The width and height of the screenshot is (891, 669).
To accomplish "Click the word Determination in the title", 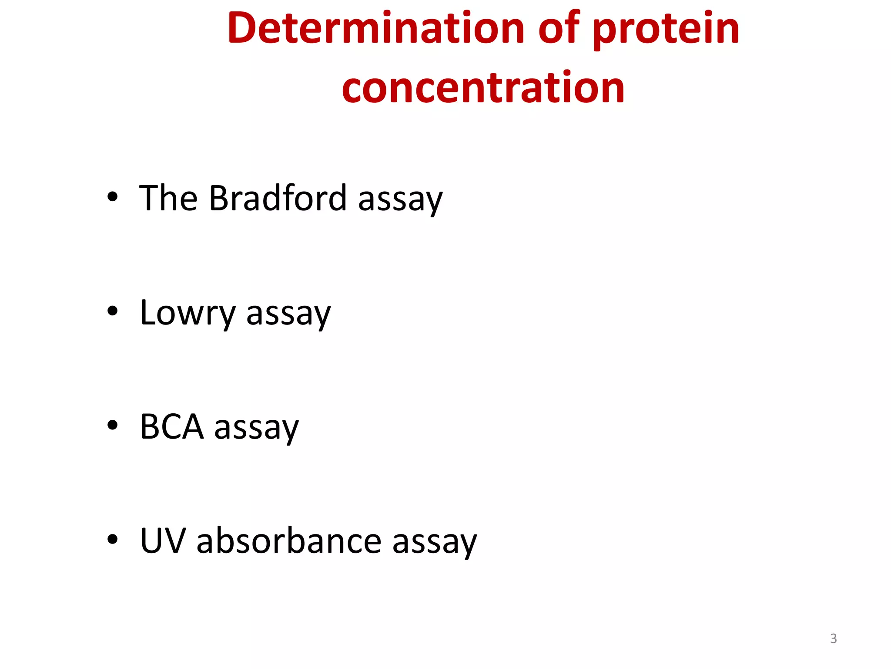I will coord(375,28).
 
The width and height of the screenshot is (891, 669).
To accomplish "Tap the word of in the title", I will coord(559,28).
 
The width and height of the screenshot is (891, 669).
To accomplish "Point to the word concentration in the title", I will coord(483,88).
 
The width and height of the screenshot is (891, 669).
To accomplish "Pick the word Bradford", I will coord(278,198).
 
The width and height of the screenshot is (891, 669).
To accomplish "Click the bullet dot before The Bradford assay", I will coord(112,197).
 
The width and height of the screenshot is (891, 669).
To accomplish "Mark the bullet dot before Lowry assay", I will coord(112,311).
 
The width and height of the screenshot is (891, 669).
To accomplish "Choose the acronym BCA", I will coord(172,427).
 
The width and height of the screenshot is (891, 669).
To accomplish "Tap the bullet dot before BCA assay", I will coord(112,425).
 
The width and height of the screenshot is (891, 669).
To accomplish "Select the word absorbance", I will coord(289,541).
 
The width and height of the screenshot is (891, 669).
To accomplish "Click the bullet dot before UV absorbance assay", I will coord(112,540).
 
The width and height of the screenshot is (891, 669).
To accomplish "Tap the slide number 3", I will coord(833,639).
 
